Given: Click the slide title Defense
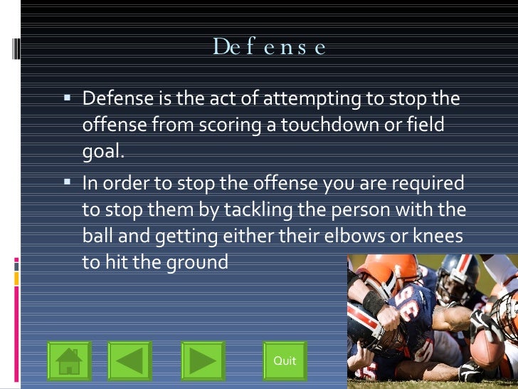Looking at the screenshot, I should [269, 47].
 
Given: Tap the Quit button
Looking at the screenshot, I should [285, 361].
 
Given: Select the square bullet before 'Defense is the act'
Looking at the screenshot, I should [68, 97].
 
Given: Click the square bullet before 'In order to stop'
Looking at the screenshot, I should [68, 182].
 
